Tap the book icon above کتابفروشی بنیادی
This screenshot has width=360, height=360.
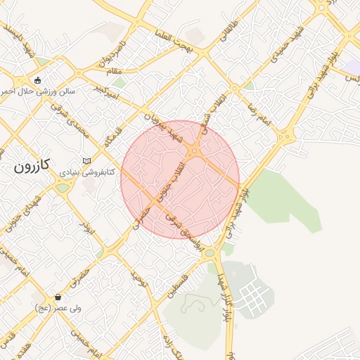click(86, 161)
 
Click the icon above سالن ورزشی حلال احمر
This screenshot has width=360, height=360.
click(37, 80)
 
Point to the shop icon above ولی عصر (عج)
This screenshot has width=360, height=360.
click(58, 297)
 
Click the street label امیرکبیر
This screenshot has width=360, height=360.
click(107, 90)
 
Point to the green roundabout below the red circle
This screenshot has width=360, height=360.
click(209, 252)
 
